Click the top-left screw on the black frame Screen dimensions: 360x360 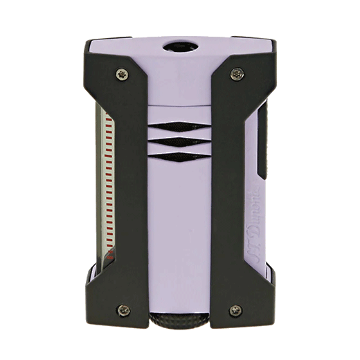123,71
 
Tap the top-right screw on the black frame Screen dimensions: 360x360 237,71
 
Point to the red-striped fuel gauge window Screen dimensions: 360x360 106,194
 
